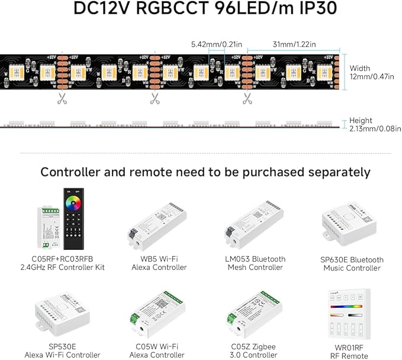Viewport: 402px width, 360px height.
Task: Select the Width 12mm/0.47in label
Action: pyautogui.click(x=375, y=72)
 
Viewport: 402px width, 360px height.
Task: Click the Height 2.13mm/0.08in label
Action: pyautogui.click(x=375, y=124)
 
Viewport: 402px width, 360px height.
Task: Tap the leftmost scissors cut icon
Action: pyautogui.click(x=62, y=99)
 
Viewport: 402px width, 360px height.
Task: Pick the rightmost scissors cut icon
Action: pyautogui.click(x=246, y=99)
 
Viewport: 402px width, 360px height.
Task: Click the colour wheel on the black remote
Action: pyautogui.click(x=77, y=205)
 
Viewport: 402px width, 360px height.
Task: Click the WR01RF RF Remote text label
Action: pyautogui.click(x=351, y=351)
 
